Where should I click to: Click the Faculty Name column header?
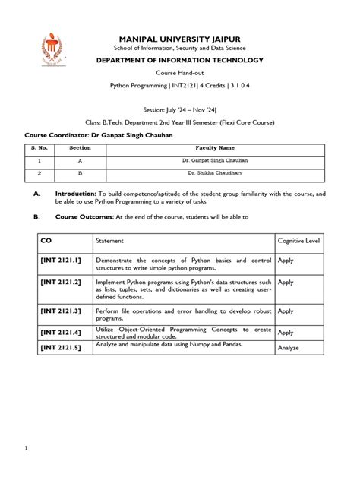(x=216, y=149)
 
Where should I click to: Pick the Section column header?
(x=80, y=149)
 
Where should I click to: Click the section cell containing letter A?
(x=80, y=160)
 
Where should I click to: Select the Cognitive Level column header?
(x=298, y=241)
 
